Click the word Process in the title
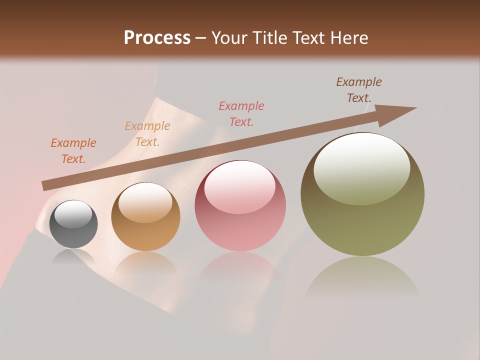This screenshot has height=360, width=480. (x=157, y=38)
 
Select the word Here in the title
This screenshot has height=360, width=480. (x=348, y=38)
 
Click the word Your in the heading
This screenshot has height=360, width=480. (x=228, y=38)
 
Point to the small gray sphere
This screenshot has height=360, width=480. (x=73, y=224)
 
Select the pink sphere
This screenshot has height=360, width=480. (x=240, y=205)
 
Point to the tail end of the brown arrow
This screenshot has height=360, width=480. (x=44, y=186)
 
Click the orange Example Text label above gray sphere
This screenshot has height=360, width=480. (x=73, y=151)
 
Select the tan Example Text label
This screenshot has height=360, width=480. (x=147, y=134)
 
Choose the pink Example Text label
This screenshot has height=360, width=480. (x=241, y=114)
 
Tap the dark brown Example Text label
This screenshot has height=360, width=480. (x=359, y=90)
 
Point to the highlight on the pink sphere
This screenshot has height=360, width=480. (x=239, y=186)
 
